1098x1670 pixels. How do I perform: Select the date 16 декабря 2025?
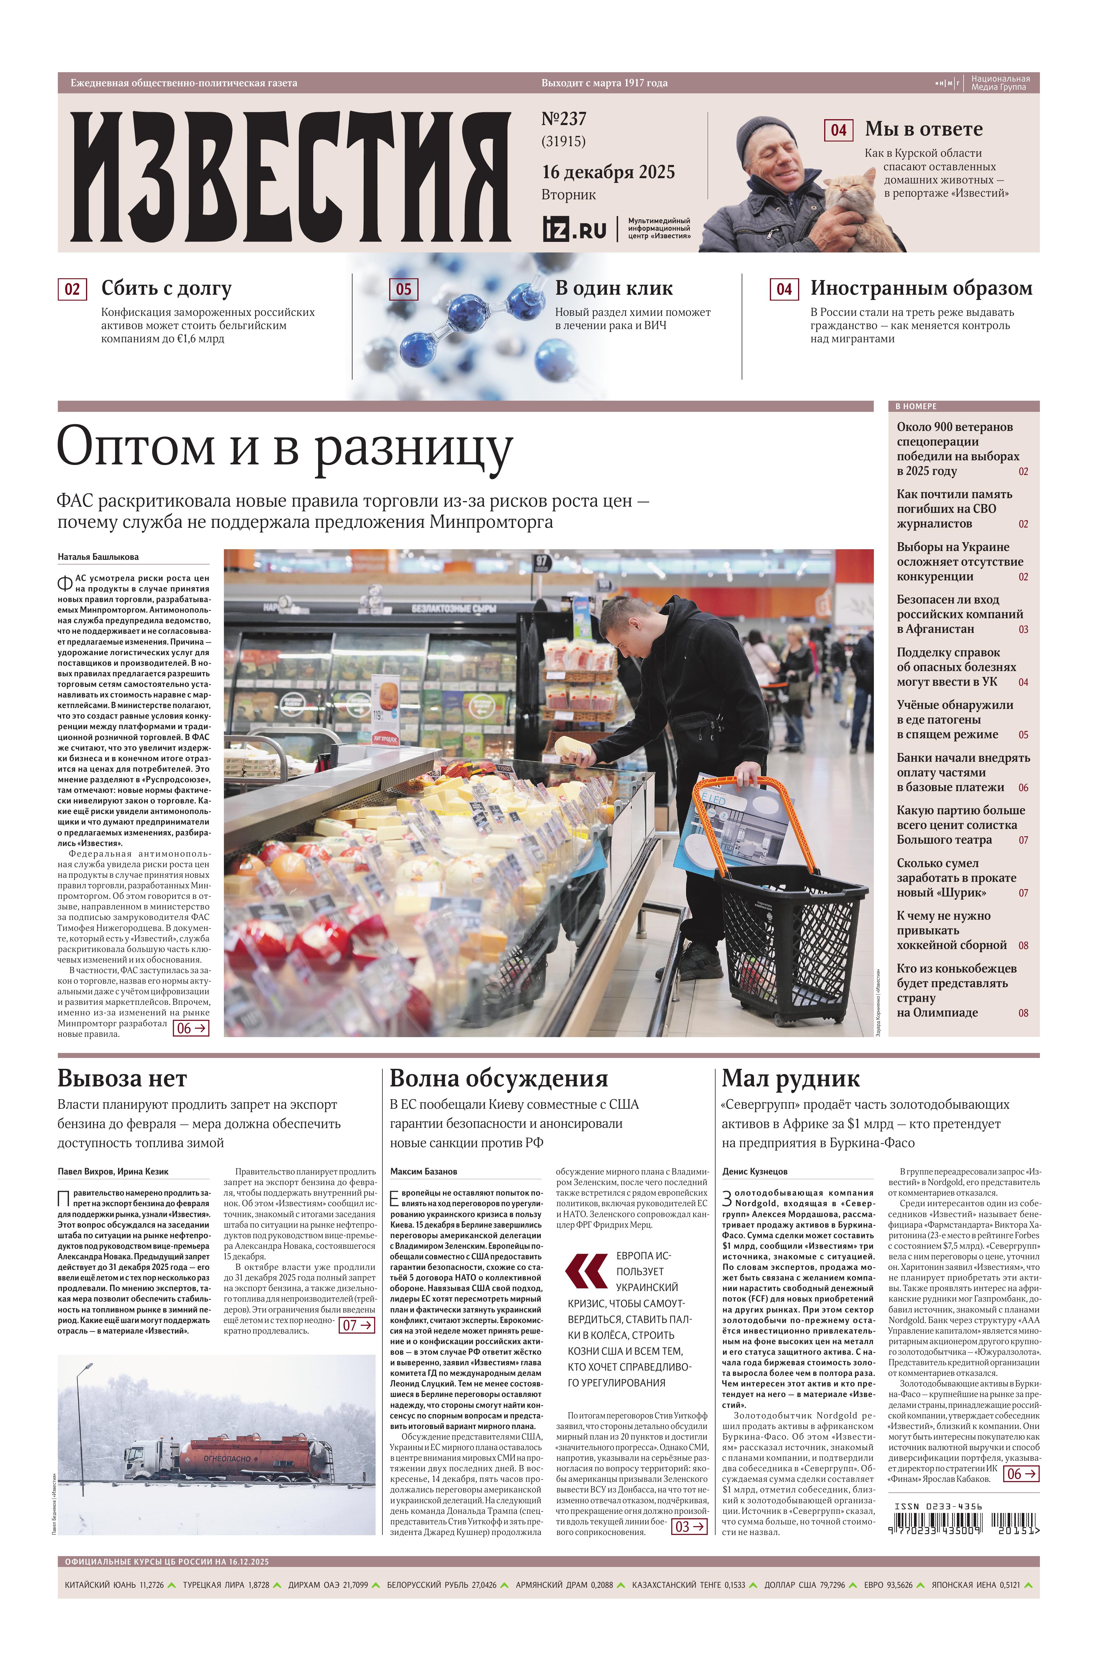point(608,172)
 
